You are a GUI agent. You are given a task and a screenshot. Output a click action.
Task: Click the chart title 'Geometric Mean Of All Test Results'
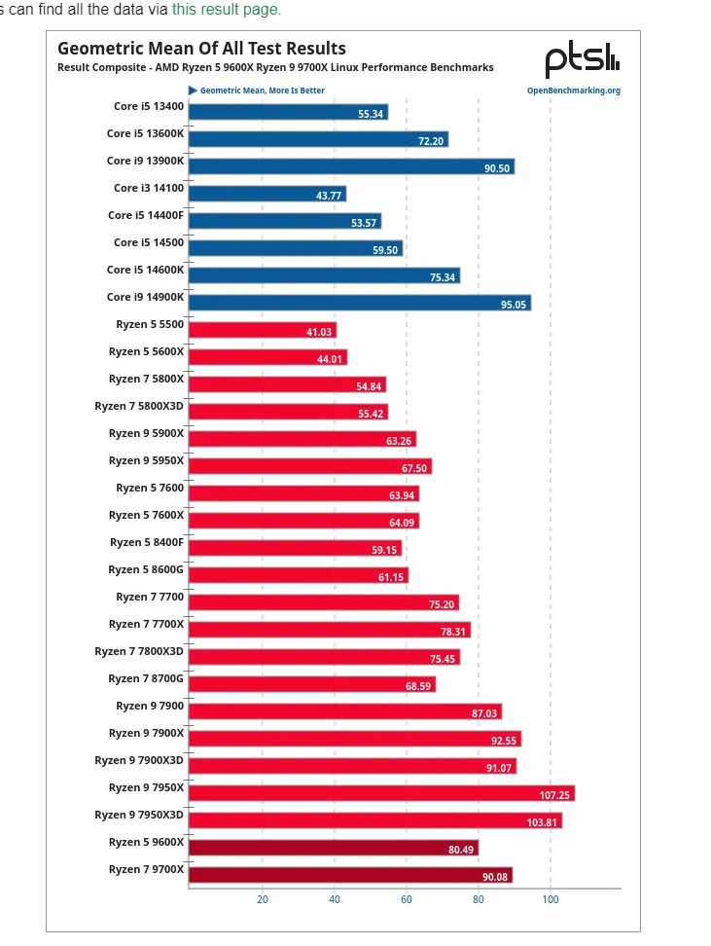point(201,48)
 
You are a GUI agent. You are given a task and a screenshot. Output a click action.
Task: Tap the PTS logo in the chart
point(582,60)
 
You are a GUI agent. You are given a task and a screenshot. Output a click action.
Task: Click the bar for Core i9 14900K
point(359,303)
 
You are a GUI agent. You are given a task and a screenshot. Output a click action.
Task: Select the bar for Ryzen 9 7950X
point(380,793)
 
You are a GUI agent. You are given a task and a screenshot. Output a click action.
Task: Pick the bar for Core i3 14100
point(267,194)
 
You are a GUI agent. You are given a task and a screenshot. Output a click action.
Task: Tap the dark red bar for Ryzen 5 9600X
point(333,848)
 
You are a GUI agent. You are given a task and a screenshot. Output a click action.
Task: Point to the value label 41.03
point(319,332)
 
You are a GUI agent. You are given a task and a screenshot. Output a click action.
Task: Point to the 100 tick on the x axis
point(551,899)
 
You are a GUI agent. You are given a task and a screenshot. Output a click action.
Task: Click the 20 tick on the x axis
point(263,899)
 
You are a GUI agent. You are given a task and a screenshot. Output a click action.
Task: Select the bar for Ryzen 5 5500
point(262,330)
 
